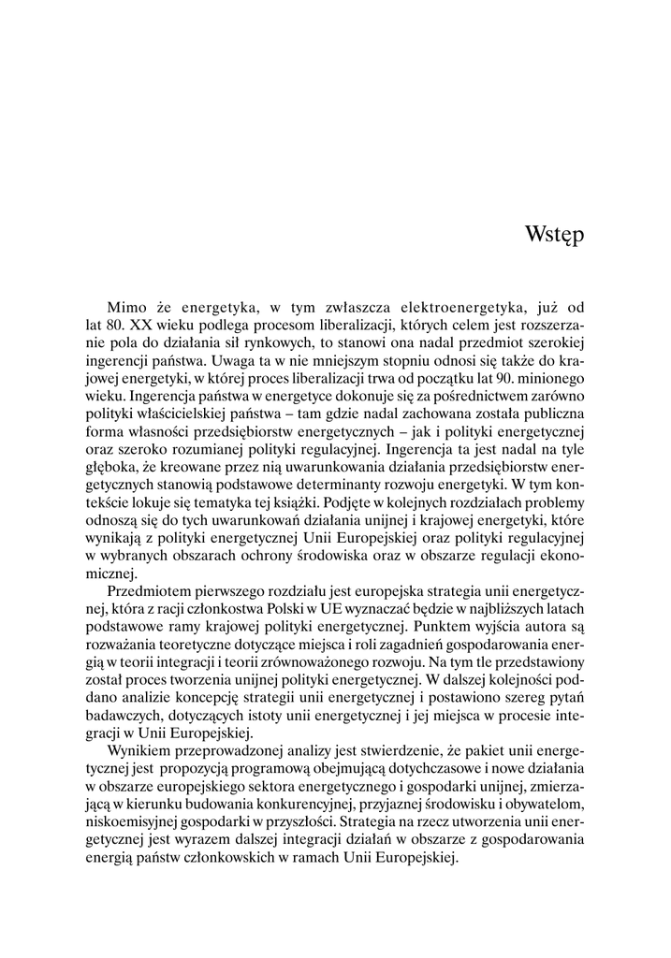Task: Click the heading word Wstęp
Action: (x=555, y=233)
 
